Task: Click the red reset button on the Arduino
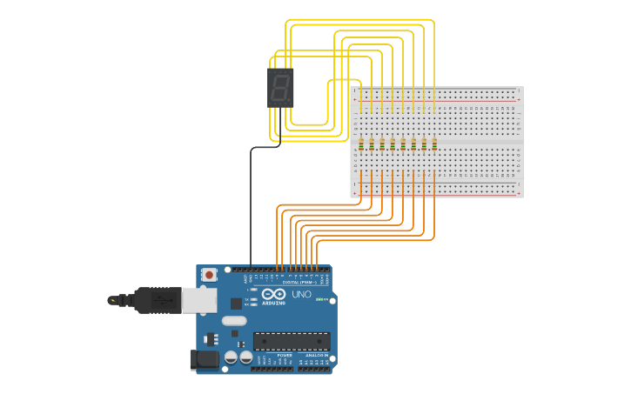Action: pos(209,275)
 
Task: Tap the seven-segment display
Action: pos(280,88)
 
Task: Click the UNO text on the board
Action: pos(301,295)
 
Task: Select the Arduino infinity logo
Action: pos(273,294)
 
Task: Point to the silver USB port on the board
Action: pos(198,300)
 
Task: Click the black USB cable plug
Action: pos(157,299)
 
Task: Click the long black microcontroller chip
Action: pos(292,342)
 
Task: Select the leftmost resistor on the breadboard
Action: pos(361,144)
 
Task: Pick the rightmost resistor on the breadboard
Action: pos(434,144)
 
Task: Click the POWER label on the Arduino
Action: pos(285,355)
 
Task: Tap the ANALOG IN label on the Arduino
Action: pos(315,355)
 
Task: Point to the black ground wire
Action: pos(251,209)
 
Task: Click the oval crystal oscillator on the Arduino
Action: pos(234,321)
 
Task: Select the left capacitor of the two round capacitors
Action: pos(232,357)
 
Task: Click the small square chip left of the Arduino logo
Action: pos(236,304)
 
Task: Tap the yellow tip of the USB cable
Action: pos(112,300)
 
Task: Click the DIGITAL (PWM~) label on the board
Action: pos(299,283)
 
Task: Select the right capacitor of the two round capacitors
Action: pos(245,357)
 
